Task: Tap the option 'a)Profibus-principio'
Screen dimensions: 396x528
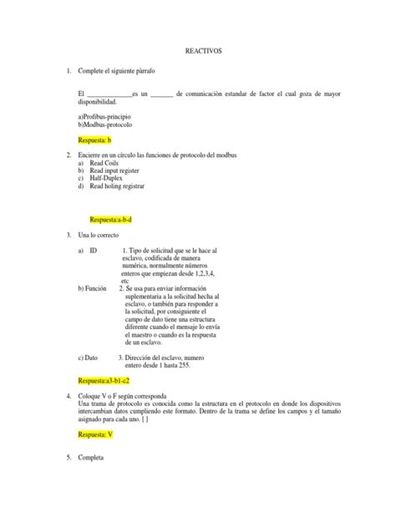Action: tap(106, 116)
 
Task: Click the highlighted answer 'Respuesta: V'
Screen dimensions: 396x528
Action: tap(94, 435)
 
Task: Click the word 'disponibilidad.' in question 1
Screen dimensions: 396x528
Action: tap(104, 101)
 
